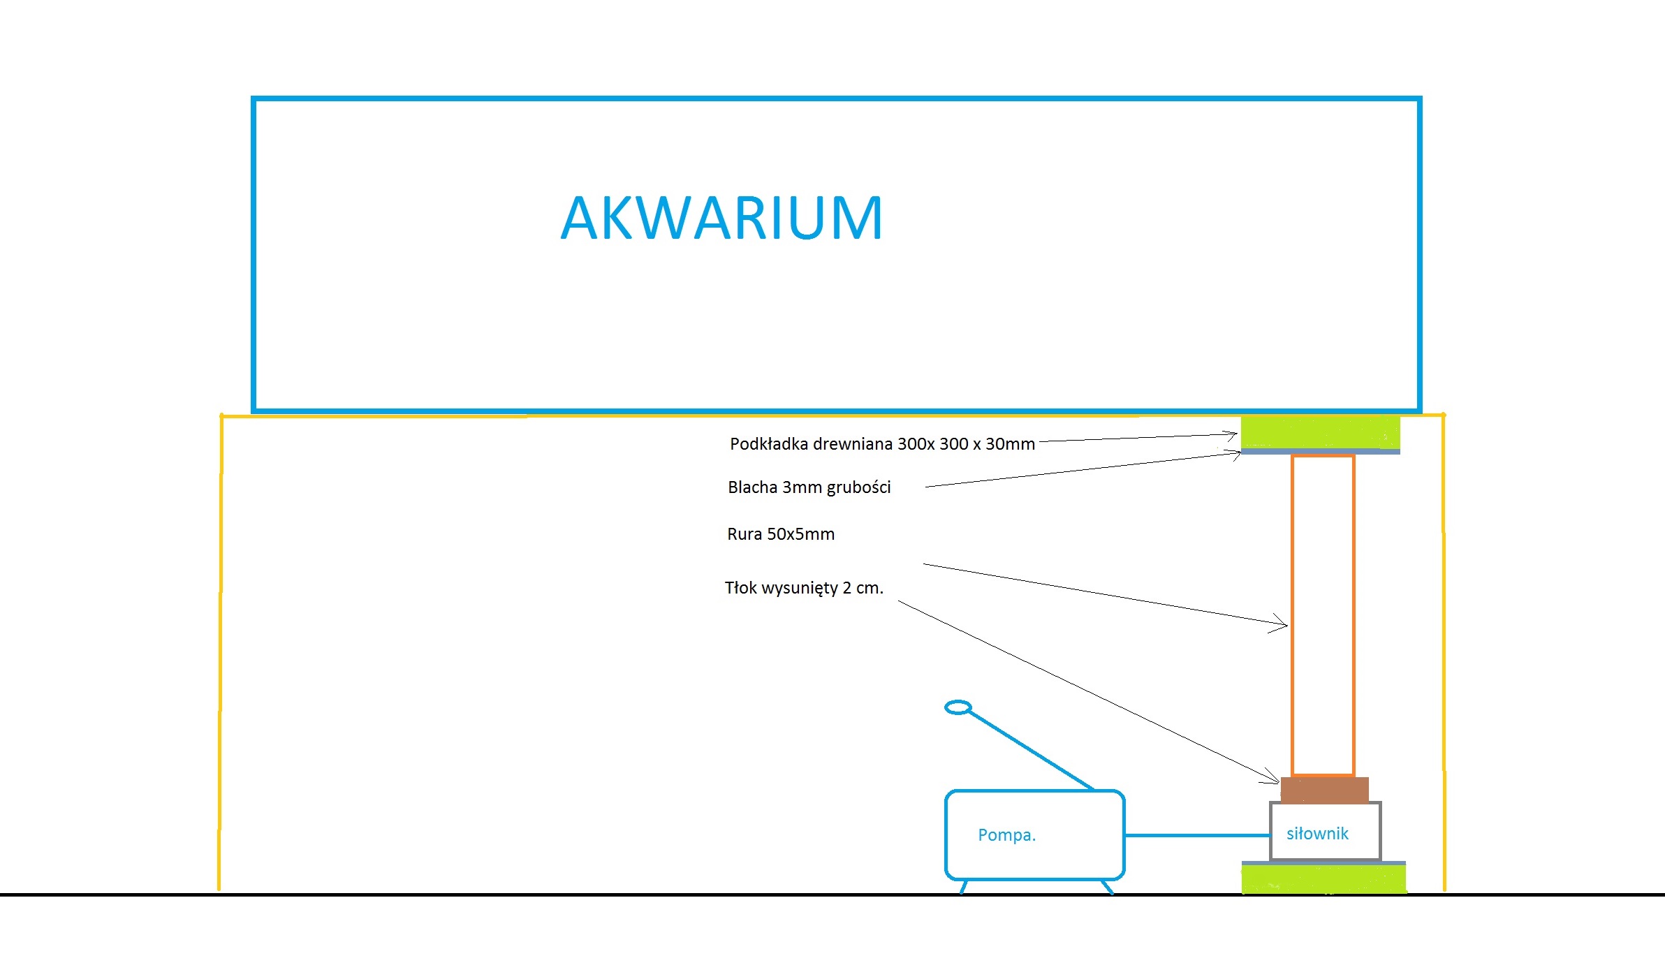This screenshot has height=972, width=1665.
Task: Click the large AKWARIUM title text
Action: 722,218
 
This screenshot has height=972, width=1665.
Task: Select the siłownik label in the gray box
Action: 1317,833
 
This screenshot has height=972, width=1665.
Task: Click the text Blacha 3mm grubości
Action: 809,487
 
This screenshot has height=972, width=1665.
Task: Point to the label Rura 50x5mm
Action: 781,534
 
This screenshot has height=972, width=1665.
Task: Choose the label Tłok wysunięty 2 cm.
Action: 804,588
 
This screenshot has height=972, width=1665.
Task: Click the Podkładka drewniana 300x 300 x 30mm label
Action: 882,443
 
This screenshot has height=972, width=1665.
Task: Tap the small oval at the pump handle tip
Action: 958,707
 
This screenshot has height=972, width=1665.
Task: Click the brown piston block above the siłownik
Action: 1324,790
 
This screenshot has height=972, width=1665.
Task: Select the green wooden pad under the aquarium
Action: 1320,432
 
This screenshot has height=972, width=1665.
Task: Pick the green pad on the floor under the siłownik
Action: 1323,879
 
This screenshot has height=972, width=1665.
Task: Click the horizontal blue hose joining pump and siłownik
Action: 1197,835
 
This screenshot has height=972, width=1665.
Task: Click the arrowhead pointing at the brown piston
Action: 1272,776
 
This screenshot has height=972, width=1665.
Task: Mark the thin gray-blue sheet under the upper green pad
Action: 1320,452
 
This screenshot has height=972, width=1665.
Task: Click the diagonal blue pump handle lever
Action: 1031,750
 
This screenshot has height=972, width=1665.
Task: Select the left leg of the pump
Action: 964,887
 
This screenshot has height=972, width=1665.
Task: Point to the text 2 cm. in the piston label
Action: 863,588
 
